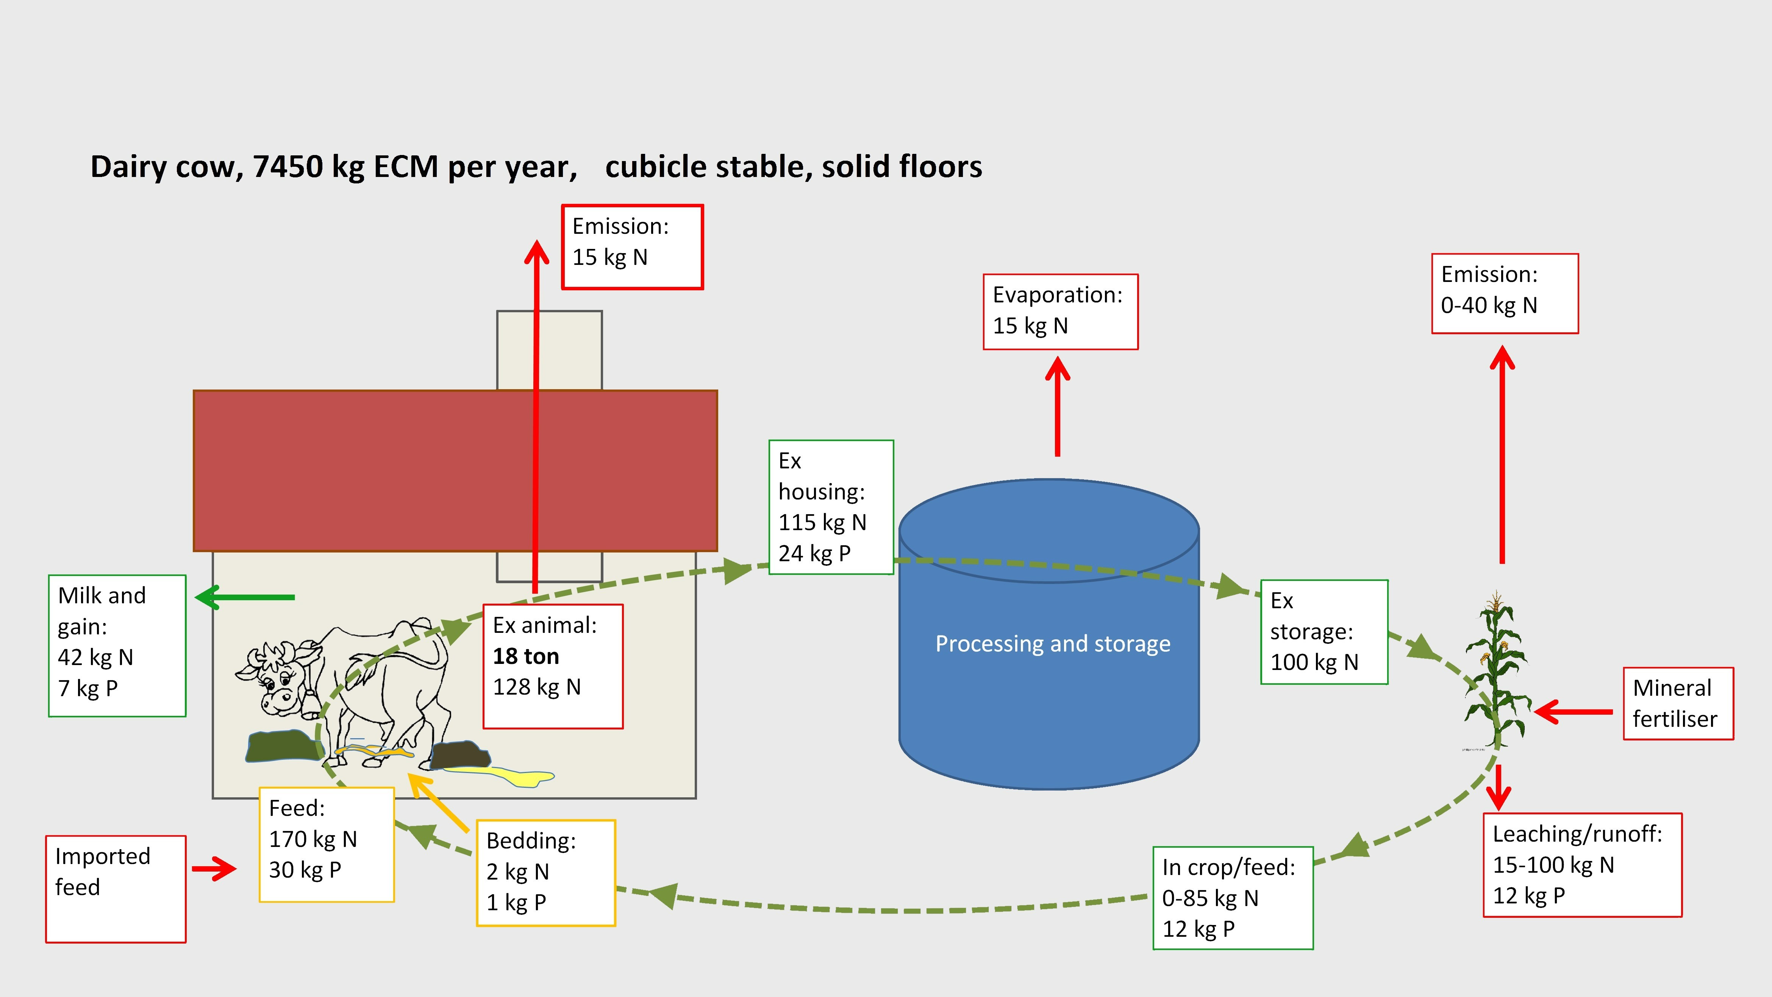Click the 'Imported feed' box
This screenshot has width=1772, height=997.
(x=116, y=889)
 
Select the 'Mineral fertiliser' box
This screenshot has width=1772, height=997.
(x=1678, y=703)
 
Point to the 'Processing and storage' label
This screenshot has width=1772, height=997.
(x=1052, y=643)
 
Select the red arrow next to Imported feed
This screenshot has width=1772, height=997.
(x=214, y=869)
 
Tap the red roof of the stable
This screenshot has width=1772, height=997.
(x=455, y=471)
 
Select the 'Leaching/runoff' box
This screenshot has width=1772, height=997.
(x=1582, y=865)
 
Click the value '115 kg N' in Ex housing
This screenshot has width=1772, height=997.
(x=822, y=522)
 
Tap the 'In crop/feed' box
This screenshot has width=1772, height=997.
(x=1233, y=898)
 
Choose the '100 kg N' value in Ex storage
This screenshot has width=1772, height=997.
(x=1314, y=662)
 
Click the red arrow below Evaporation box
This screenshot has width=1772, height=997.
(x=1057, y=406)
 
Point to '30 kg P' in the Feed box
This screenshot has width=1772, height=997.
(x=305, y=870)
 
